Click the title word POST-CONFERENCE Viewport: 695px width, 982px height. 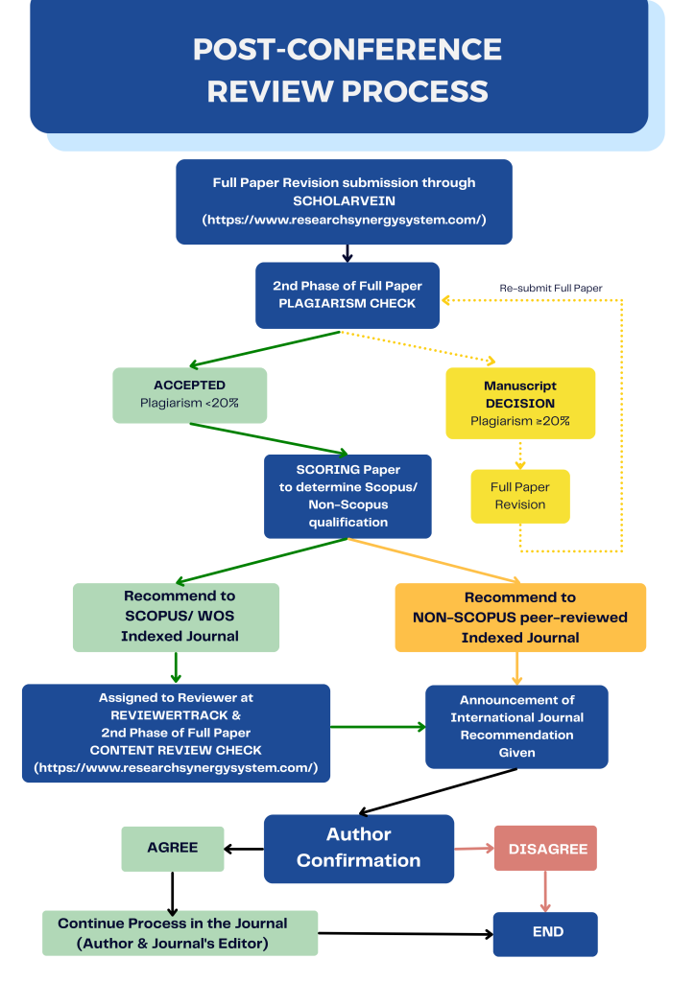click(x=347, y=49)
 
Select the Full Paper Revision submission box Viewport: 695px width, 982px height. click(x=344, y=201)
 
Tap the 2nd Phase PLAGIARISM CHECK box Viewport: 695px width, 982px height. click(x=347, y=294)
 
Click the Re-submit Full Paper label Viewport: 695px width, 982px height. click(x=550, y=288)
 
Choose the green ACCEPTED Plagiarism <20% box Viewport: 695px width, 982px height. click(x=189, y=394)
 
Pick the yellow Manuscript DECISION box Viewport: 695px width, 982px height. click(x=519, y=403)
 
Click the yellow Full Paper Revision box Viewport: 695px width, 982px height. click(x=519, y=496)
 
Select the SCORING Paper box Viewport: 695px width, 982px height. click(x=347, y=496)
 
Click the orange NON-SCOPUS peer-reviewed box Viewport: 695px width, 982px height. click(x=520, y=617)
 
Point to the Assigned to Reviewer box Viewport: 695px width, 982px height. click(x=176, y=733)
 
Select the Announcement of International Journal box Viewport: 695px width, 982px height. click(x=516, y=726)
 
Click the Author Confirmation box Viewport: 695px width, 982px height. click(x=358, y=848)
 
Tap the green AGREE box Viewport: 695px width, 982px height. click(x=173, y=848)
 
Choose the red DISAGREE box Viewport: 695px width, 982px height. click(x=545, y=849)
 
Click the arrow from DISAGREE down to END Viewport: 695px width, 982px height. click(x=545, y=892)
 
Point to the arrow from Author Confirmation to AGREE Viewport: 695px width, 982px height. click(x=244, y=849)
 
